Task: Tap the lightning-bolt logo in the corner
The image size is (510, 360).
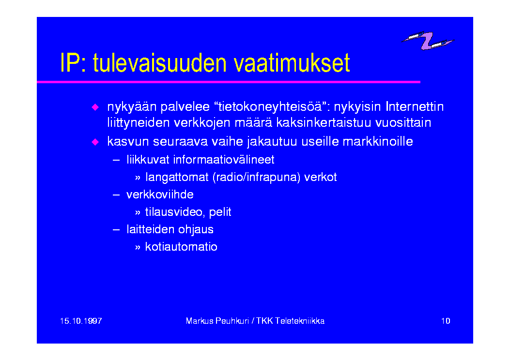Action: (428, 41)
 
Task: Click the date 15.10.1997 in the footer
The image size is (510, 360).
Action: (81, 321)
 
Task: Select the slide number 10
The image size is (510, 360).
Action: (446, 321)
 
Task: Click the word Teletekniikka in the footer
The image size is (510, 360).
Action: (300, 321)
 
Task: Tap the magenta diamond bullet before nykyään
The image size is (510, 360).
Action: (95, 107)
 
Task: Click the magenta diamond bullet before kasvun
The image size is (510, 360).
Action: (95, 142)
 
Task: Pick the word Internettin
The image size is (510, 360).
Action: (415, 106)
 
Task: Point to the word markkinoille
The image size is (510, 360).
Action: (378, 141)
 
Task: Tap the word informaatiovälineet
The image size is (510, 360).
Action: (224, 160)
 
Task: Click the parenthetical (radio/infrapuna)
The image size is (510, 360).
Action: (256, 178)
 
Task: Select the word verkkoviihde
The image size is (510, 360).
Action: (160, 195)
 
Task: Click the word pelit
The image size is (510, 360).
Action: (220, 212)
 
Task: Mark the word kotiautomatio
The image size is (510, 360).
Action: (181, 247)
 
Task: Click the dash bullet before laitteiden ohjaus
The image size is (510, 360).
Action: (116, 230)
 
